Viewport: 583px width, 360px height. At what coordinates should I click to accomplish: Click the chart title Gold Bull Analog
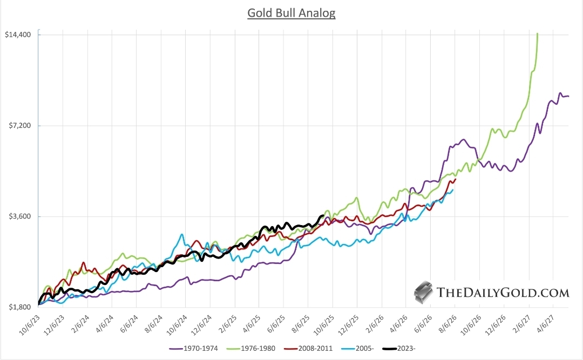[291, 13]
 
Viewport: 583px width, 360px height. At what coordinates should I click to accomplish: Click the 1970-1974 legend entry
[195, 348]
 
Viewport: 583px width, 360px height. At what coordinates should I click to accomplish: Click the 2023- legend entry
[402, 348]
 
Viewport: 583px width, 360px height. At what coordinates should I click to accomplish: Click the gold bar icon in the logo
[424, 292]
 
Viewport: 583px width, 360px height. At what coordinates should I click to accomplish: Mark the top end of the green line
[537, 33]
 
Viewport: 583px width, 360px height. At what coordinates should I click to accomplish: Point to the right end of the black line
[322, 216]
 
